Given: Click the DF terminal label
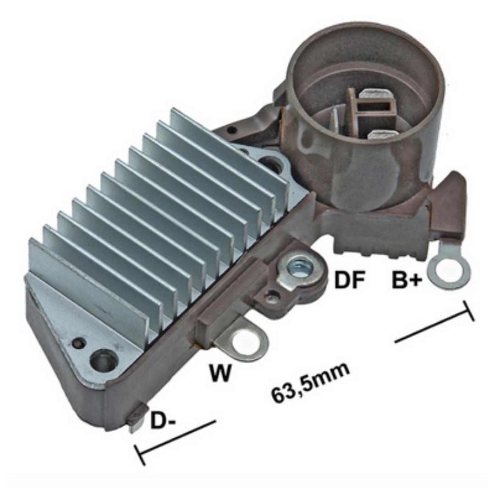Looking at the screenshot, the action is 350,280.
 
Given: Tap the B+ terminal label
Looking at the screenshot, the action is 407,280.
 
